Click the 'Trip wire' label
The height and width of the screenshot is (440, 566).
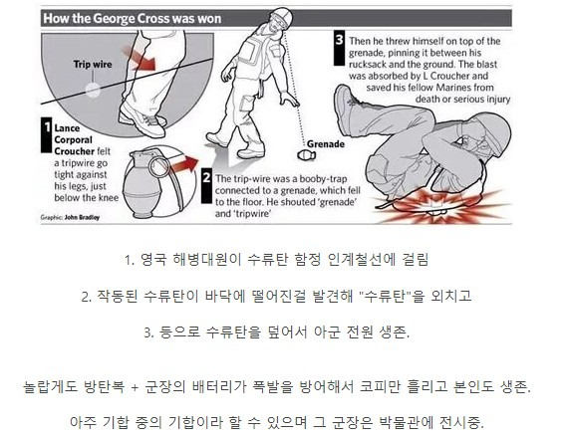[93, 64]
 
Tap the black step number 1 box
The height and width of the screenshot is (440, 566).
[47, 134]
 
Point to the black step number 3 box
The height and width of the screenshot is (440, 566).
[339, 49]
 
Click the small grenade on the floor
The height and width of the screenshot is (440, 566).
[307, 155]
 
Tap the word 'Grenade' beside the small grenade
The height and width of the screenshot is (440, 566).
[326, 144]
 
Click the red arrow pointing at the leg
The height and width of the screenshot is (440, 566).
[140, 58]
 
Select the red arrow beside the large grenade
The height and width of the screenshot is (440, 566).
[184, 164]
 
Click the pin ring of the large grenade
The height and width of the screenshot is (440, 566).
[158, 163]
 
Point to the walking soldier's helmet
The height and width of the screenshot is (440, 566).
[282, 16]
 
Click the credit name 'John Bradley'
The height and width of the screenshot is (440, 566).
[82, 217]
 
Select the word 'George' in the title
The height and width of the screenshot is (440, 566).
[113, 18]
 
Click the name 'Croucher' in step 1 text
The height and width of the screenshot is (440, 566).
[75, 151]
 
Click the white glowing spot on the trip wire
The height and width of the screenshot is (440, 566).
[93, 91]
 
